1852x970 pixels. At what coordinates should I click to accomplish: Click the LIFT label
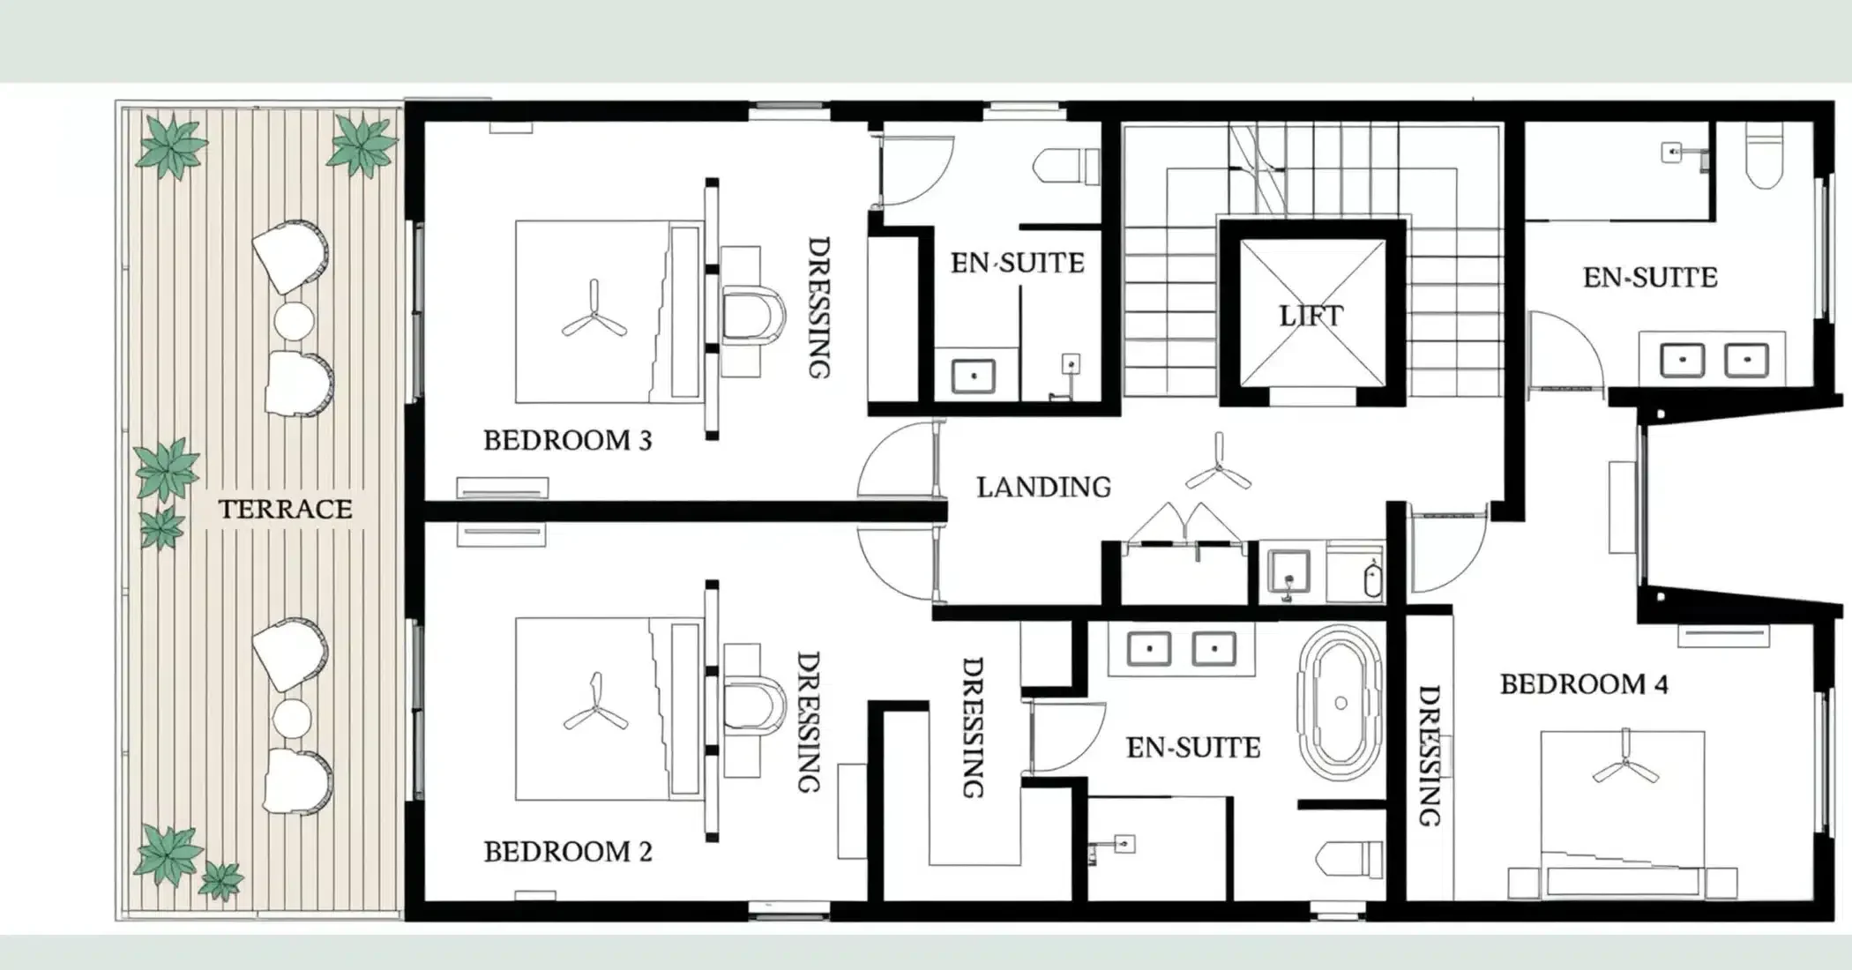click(1311, 315)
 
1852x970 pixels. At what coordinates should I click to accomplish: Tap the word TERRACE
click(285, 509)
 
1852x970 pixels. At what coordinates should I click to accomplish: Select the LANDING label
click(1043, 487)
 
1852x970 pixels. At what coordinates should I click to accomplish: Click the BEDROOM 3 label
click(567, 440)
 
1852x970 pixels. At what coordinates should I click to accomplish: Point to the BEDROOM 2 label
click(567, 852)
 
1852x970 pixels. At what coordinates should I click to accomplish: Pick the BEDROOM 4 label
click(1584, 684)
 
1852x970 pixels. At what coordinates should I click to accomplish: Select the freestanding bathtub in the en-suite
click(1340, 703)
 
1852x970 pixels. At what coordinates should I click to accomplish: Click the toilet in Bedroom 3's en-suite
click(1066, 165)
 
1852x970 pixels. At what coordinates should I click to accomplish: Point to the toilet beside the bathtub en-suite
click(1349, 860)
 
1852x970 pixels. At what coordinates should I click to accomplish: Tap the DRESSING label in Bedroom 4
click(1430, 756)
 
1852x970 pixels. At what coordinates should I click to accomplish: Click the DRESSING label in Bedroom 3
click(819, 308)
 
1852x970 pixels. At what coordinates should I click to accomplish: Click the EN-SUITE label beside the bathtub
click(1193, 748)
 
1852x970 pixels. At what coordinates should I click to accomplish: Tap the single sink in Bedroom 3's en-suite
click(974, 377)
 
